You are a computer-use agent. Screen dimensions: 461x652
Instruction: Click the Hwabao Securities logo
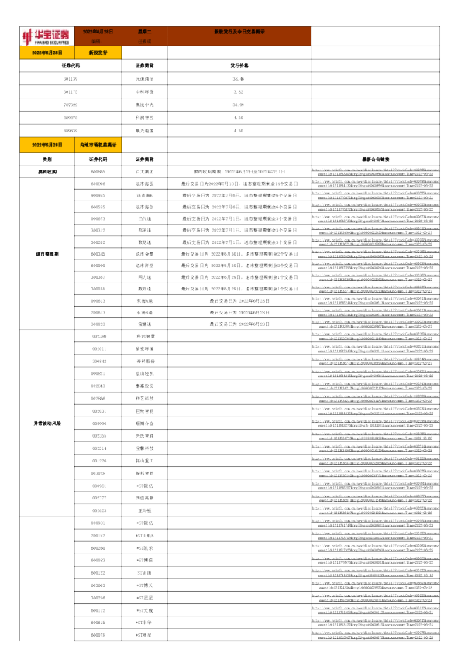click(x=46, y=36)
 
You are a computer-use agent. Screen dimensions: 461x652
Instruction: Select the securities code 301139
click(x=71, y=80)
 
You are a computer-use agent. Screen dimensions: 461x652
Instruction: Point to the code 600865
click(x=98, y=171)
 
